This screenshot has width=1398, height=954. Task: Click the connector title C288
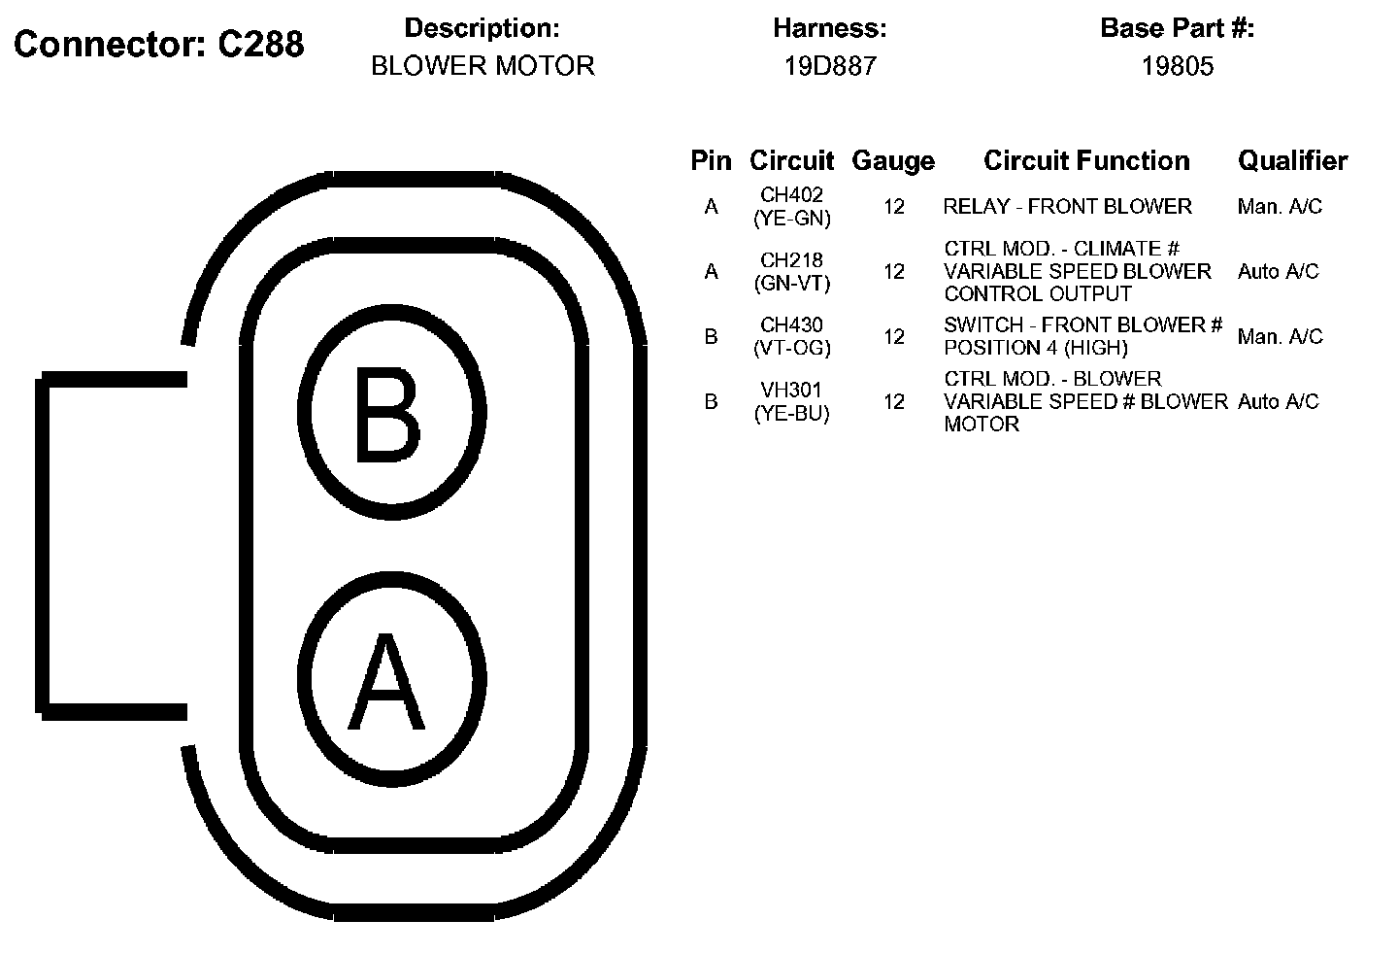(x=260, y=45)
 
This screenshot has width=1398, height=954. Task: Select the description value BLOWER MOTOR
(x=483, y=65)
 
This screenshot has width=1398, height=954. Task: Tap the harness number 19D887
(x=830, y=65)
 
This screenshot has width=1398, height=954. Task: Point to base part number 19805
(x=1177, y=65)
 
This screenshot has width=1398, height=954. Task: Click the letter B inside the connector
(x=387, y=414)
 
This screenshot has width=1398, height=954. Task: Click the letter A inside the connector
(x=386, y=681)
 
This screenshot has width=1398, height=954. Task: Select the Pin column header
(x=711, y=160)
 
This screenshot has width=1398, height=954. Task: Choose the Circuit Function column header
(x=1086, y=160)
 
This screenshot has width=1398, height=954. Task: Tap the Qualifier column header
(x=1292, y=160)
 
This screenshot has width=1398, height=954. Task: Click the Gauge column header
(x=894, y=161)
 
